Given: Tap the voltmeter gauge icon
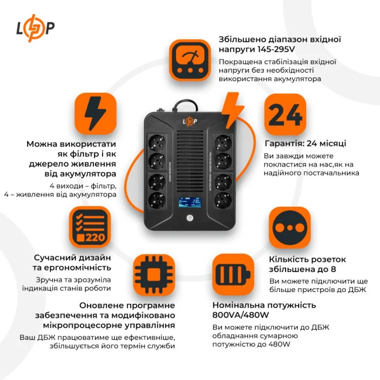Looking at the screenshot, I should point(189,60).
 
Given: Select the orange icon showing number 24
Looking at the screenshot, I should point(285,115).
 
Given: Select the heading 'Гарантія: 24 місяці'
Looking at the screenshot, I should point(305,144).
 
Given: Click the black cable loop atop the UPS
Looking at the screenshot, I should point(188,104).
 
